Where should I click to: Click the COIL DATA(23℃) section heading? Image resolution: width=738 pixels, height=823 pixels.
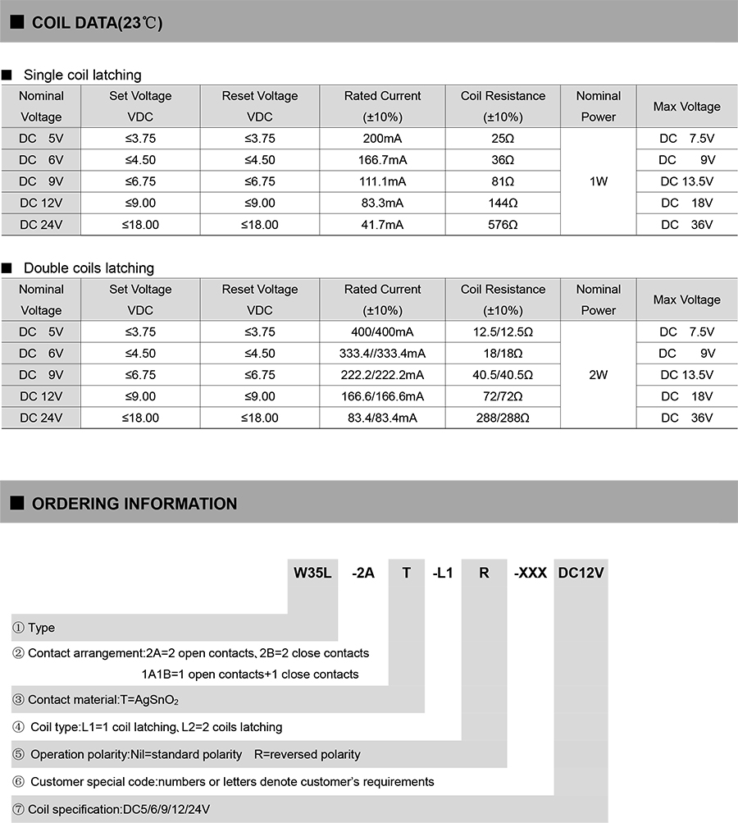(97, 23)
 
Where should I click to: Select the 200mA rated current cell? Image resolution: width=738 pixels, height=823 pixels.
(382, 138)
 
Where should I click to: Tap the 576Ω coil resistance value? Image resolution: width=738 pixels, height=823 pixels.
(503, 224)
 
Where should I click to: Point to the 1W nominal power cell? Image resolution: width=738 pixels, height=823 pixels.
(598, 181)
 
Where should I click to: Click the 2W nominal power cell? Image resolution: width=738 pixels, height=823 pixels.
(598, 375)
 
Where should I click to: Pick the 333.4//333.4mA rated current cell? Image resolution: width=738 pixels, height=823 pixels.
(382, 354)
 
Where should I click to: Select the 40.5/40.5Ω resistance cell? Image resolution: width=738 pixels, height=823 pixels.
(503, 375)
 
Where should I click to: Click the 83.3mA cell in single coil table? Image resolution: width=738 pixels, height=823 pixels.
(382, 203)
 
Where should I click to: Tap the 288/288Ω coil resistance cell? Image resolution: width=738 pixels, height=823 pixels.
(503, 418)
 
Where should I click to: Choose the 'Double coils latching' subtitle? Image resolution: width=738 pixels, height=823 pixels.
(89, 268)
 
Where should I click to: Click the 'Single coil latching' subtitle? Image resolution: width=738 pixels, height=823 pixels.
(82, 75)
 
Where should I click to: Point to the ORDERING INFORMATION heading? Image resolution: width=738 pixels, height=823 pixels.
(134, 504)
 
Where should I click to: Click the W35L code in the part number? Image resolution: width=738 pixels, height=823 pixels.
(312, 573)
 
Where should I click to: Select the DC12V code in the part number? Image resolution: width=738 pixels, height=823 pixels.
(581, 573)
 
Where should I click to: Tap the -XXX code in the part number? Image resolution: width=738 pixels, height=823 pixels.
(530, 573)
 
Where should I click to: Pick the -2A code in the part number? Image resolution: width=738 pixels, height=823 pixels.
(362, 573)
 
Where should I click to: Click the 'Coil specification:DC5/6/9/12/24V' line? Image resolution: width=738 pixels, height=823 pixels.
(119, 809)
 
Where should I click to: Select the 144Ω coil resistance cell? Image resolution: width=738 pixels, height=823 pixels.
(503, 203)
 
